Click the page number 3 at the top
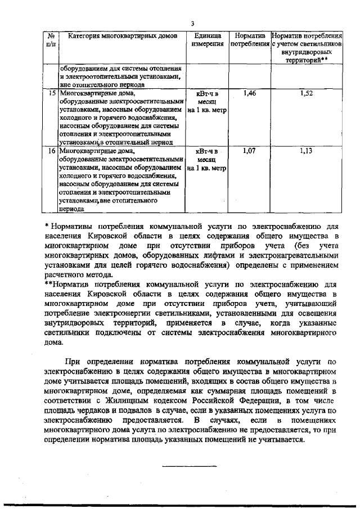click(x=192, y=24)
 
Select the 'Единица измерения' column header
click(x=207, y=39)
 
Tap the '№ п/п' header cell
click(x=49, y=39)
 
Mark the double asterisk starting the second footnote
click(x=48, y=284)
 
